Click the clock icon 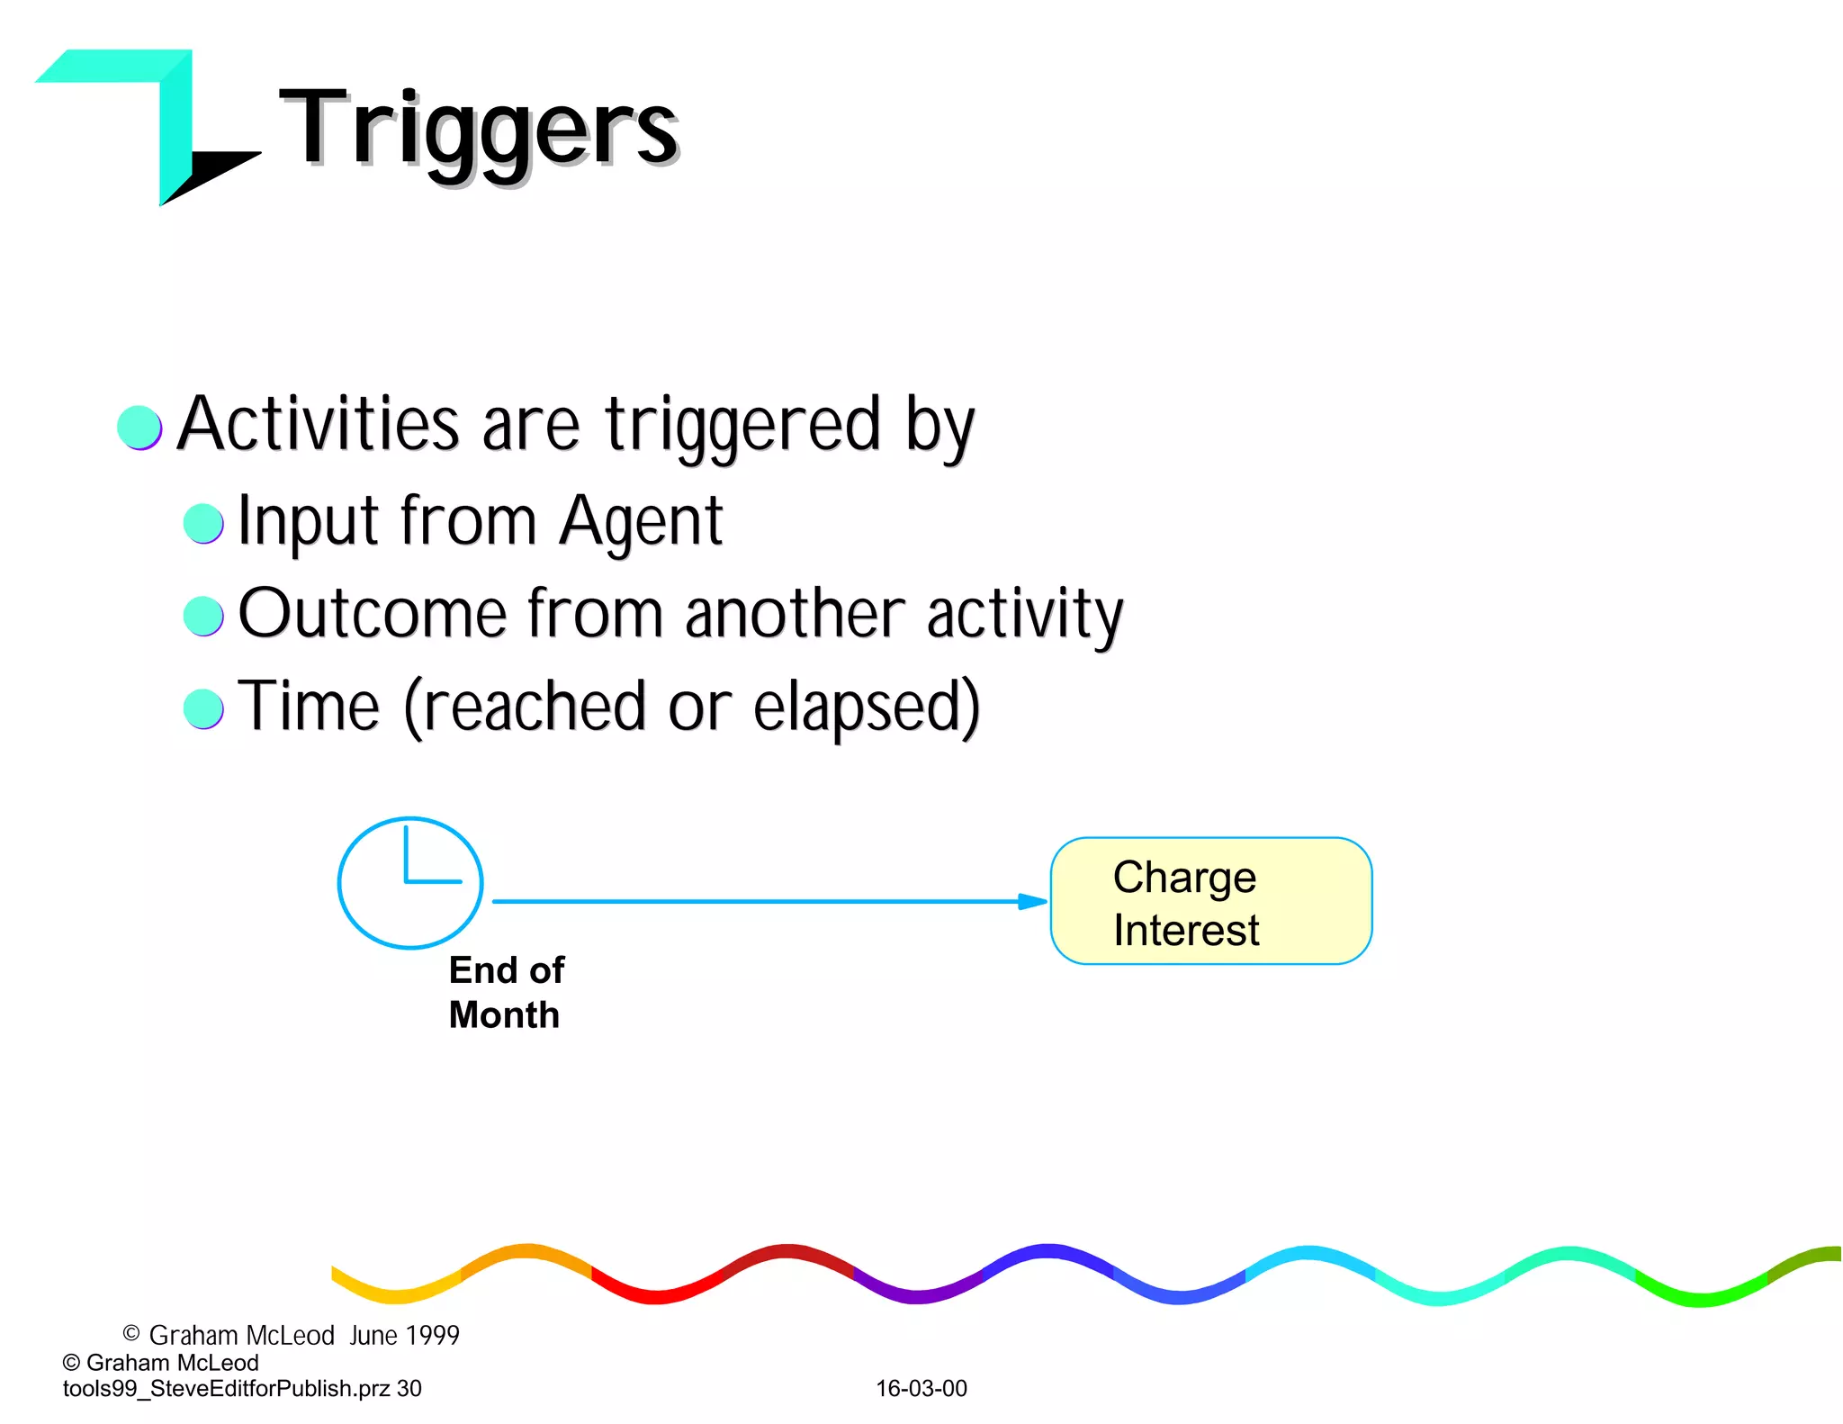[x=410, y=882]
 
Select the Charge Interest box [x=1210, y=901]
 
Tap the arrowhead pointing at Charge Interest [x=1033, y=901]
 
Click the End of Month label [x=506, y=992]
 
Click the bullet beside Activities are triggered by [x=139, y=427]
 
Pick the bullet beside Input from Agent [x=203, y=523]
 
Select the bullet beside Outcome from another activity [x=203, y=616]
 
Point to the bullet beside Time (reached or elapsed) [x=203, y=708]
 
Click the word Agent [x=640, y=522]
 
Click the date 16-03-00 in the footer [x=921, y=1388]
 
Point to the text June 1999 [x=404, y=1335]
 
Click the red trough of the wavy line [x=657, y=1296]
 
